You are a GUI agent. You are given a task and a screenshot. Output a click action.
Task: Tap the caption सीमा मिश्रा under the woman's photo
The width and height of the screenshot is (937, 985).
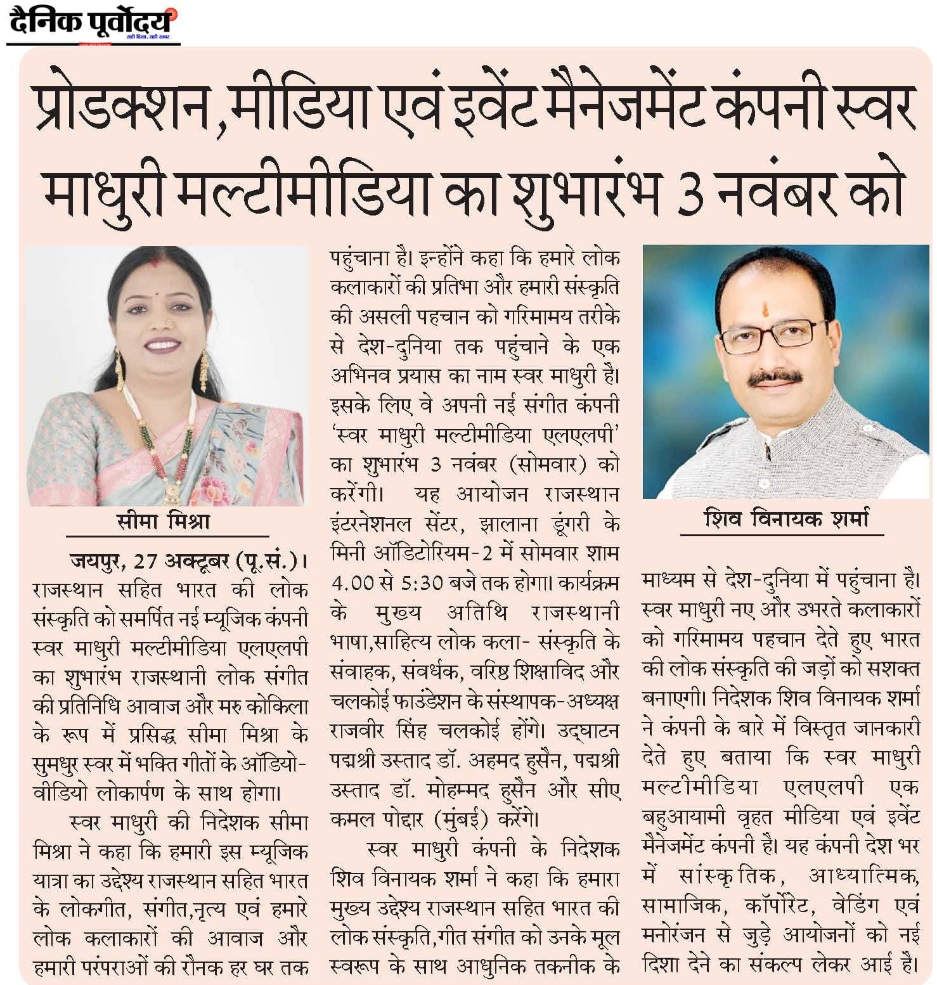[163, 521]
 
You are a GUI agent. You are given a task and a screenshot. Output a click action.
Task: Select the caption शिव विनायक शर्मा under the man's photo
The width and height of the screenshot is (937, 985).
[785, 519]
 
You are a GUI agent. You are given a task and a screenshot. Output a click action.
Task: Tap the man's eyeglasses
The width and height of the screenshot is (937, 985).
[773, 335]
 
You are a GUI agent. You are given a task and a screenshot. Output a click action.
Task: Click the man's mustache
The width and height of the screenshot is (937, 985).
[774, 378]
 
